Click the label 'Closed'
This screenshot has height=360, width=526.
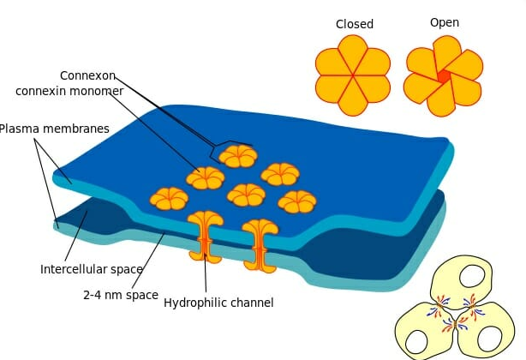click(x=354, y=24)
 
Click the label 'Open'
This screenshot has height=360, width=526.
click(x=444, y=22)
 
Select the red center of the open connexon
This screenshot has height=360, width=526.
click(x=443, y=76)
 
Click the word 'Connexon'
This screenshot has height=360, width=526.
click(x=87, y=75)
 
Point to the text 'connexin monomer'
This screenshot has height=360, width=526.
click(x=69, y=91)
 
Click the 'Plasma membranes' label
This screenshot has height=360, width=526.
click(x=55, y=129)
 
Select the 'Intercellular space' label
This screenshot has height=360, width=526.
click(x=92, y=269)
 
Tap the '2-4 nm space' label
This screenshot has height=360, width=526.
click(x=121, y=295)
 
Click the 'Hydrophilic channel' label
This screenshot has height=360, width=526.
click(x=218, y=303)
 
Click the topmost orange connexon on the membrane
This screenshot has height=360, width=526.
click(x=237, y=156)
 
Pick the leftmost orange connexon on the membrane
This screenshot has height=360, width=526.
click(x=169, y=199)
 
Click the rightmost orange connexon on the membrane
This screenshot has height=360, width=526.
click(x=297, y=201)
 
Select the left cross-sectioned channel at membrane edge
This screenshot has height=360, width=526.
click(x=206, y=236)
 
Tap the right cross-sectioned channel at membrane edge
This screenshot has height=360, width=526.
click(x=260, y=244)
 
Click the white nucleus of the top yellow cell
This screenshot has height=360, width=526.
click(x=470, y=277)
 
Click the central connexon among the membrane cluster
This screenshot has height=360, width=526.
click(x=247, y=195)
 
